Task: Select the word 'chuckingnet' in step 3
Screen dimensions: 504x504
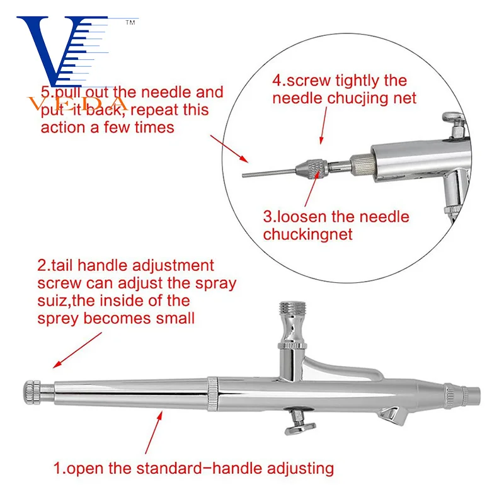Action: pos(307,234)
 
